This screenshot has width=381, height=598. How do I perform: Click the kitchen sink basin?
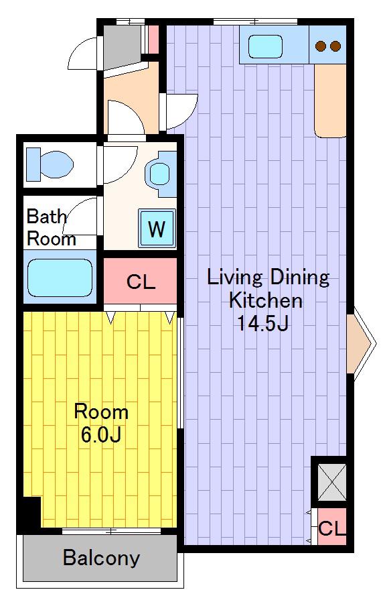[x=266, y=46]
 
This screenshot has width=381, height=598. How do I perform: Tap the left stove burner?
[x=321, y=46]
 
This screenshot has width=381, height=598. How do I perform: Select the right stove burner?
[x=335, y=46]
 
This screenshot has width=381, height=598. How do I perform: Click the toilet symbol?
[x=50, y=164]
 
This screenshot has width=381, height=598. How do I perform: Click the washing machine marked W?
[x=157, y=229]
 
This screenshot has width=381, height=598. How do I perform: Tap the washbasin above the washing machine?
[x=161, y=174]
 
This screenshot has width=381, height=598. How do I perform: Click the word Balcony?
[x=101, y=558]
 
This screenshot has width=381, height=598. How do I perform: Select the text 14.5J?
[x=262, y=323]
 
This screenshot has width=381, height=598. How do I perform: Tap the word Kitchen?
[x=266, y=300]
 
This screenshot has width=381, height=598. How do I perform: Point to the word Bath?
[x=46, y=217]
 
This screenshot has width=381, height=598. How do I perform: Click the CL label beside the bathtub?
[x=141, y=282]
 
